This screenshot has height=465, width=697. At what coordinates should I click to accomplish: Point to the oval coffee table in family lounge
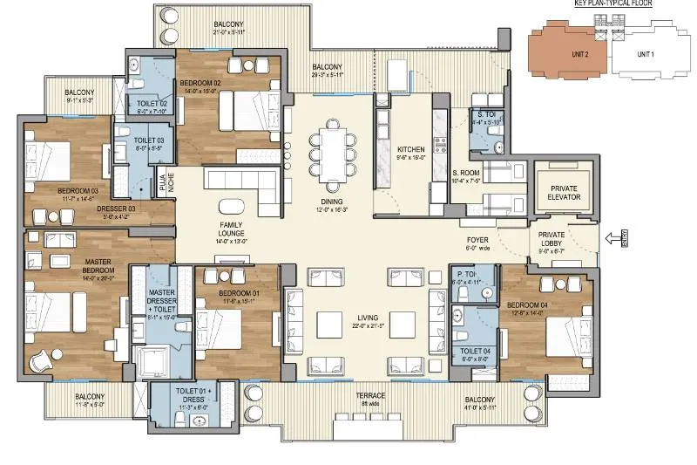pos(231,206)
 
